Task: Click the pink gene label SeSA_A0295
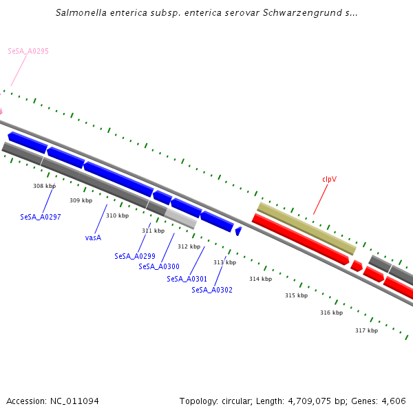28,51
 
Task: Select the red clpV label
329,179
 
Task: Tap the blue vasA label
93,237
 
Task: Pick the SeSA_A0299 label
135,256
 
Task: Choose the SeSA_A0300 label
159,266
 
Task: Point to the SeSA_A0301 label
187,279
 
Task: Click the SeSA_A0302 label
212,290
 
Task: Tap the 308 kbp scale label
44,186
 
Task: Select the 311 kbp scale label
153,231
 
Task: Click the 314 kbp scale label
260,279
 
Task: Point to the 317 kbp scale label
366,330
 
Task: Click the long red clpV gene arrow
301,240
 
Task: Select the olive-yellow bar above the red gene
306,228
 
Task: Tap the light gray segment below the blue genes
180,218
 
